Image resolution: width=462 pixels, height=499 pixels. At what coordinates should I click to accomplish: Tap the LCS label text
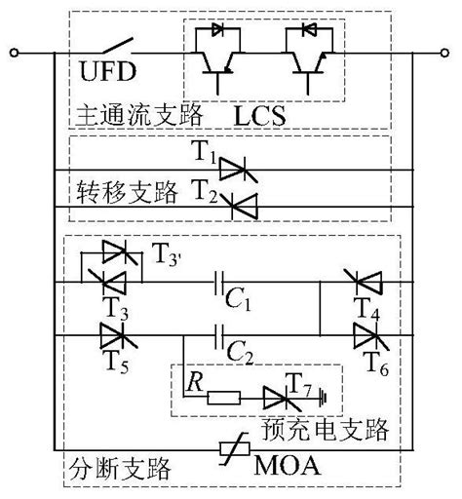(x=260, y=115)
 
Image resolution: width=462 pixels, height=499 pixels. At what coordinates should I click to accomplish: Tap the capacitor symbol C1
(x=225, y=283)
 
